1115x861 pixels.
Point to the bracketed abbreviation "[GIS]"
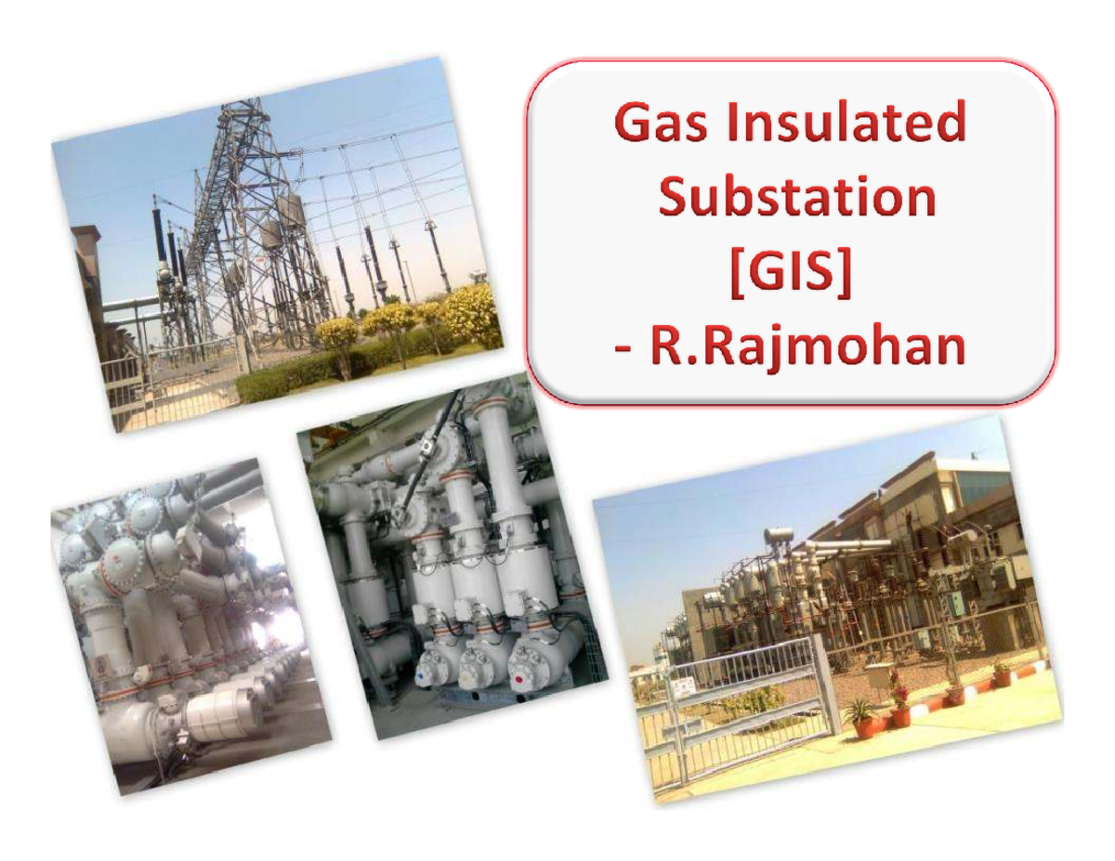click(788, 272)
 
